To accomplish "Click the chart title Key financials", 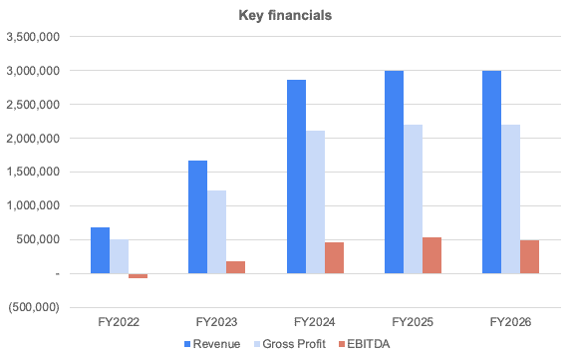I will click(x=285, y=16).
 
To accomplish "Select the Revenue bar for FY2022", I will click(x=100, y=250).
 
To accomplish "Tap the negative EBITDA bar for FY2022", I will click(x=138, y=275).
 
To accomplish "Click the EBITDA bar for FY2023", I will click(x=235, y=267).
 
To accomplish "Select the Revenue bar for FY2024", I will click(x=295, y=177).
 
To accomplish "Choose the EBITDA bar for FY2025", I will click(x=431, y=255).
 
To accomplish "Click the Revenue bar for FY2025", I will click(x=393, y=172).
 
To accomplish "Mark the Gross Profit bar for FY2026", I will click(x=510, y=198).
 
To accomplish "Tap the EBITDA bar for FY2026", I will click(x=529, y=256).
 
